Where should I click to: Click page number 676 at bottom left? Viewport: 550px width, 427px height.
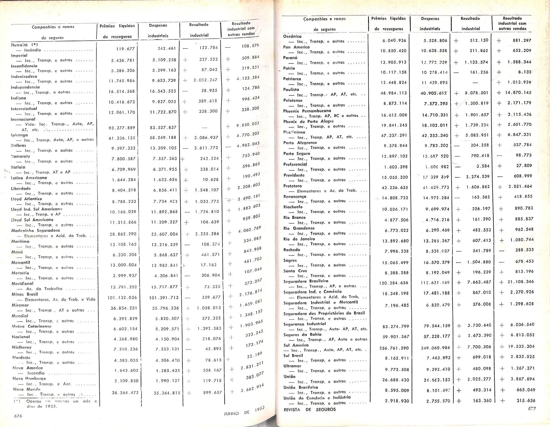(18, 416)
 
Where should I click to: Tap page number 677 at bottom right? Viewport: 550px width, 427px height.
(532, 409)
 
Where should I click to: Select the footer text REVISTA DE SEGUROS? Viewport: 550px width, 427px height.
(309, 409)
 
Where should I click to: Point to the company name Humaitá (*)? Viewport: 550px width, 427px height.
(24, 45)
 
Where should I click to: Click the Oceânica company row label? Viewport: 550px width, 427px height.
(292, 36)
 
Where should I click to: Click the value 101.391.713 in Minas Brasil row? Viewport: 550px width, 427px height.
(164, 298)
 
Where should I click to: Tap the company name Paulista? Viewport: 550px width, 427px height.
(291, 90)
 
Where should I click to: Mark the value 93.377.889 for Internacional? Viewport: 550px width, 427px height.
(122, 128)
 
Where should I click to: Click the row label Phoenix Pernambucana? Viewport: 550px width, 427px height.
(307, 111)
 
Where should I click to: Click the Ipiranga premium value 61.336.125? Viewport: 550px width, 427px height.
(122, 138)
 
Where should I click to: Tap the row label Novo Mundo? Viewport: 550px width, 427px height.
(27, 389)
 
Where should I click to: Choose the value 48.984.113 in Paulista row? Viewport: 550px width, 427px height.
(394, 93)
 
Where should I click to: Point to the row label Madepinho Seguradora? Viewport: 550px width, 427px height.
(36, 231)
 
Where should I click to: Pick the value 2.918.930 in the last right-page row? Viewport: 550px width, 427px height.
(397, 401)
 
